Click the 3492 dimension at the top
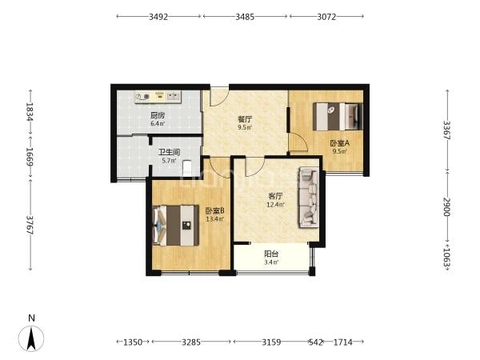click(x=158, y=17)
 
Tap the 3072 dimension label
click(x=326, y=17)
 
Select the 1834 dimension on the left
click(x=30, y=111)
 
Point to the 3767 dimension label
click(x=30, y=225)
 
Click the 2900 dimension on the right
click(x=447, y=207)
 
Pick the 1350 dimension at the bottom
click(x=133, y=342)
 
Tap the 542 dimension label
click(x=316, y=342)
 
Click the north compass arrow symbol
click(x=31, y=338)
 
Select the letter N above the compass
click(x=31, y=318)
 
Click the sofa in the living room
click(x=309, y=197)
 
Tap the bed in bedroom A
click(x=338, y=116)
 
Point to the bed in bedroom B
click(x=176, y=226)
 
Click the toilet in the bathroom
click(x=186, y=168)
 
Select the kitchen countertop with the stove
click(x=158, y=97)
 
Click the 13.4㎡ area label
click(x=214, y=219)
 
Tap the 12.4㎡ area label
click(x=275, y=204)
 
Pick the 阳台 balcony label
click(x=271, y=254)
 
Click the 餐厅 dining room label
click(x=245, y=119)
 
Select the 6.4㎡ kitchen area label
click(x=158, y=124)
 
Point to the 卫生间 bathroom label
click(x=169, y=152)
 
